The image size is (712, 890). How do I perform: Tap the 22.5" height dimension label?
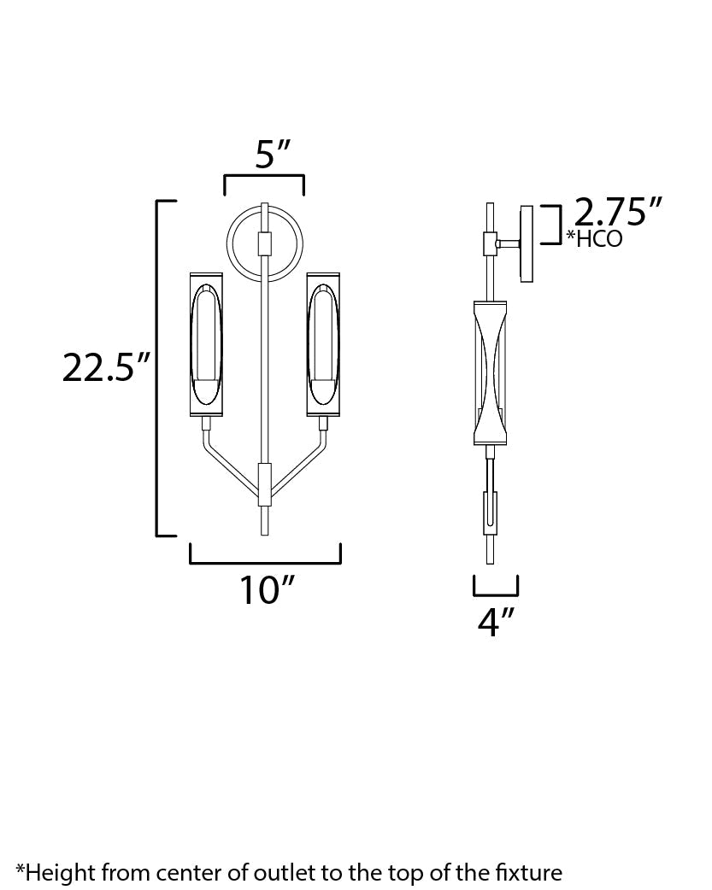click(106, 367)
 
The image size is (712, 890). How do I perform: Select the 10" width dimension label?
click(266, 589)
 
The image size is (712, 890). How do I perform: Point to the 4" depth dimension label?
click(494, 622)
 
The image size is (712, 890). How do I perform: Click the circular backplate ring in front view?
click(232, 256)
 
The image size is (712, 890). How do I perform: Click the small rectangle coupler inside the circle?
click(264, 243)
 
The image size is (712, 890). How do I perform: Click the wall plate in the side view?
click(527, 243)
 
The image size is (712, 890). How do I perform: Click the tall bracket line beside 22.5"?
click(157, 367)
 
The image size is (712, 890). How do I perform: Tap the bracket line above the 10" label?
click(266, 563)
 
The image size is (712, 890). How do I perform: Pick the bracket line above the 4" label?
click(496, 594)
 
